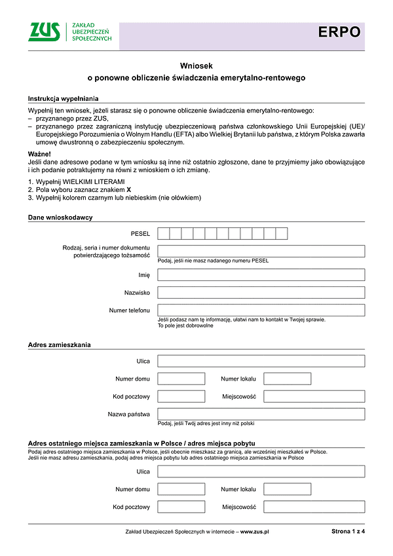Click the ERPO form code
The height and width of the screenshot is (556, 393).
click(339, 32)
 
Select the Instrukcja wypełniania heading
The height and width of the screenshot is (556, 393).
click(60, 98)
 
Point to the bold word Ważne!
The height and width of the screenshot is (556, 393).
click(40, 153)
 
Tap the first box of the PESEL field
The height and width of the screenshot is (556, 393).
click(164, 233)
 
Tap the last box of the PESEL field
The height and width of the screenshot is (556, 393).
click(281, 233)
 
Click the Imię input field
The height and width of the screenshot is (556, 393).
click(261, 274)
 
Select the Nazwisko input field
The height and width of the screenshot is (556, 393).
click(261, 292)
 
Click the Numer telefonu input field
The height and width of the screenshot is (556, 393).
click(261, 310)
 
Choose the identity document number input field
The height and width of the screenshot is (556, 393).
click(261, 251)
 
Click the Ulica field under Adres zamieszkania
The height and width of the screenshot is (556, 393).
click(261, 361)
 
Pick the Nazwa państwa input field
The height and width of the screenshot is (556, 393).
click(261, 414)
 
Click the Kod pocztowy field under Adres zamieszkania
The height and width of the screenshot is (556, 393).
click(181, 396)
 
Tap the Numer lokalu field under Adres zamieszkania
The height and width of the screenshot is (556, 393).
click(287, 379)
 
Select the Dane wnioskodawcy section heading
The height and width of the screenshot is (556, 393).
click(60, 217)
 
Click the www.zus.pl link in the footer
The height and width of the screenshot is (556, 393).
click(255, 532)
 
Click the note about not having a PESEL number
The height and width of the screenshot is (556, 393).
click(213, 261)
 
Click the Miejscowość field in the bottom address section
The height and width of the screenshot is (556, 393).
click(314, 507)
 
